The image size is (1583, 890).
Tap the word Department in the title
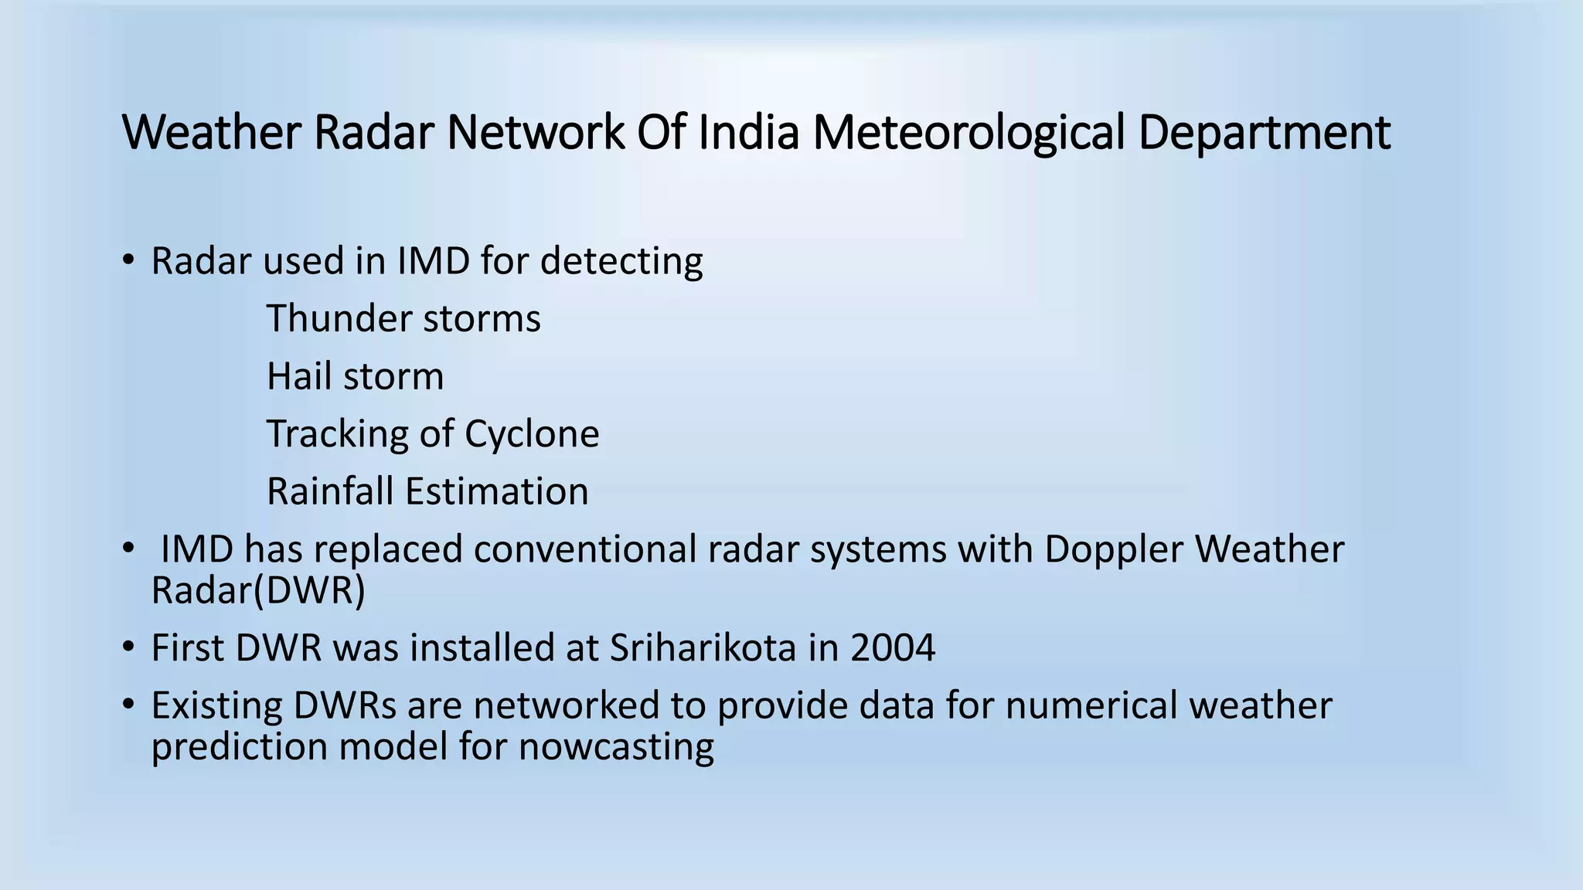1264,132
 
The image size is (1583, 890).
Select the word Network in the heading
535,132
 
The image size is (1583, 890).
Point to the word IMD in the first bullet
433,261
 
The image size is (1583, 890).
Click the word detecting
621,261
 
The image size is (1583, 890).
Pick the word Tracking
337,433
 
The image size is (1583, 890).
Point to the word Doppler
1113,550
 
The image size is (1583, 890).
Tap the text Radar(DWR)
258,591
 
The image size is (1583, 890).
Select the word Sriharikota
703,647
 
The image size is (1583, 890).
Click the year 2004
893,647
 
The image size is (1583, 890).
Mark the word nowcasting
616,747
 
